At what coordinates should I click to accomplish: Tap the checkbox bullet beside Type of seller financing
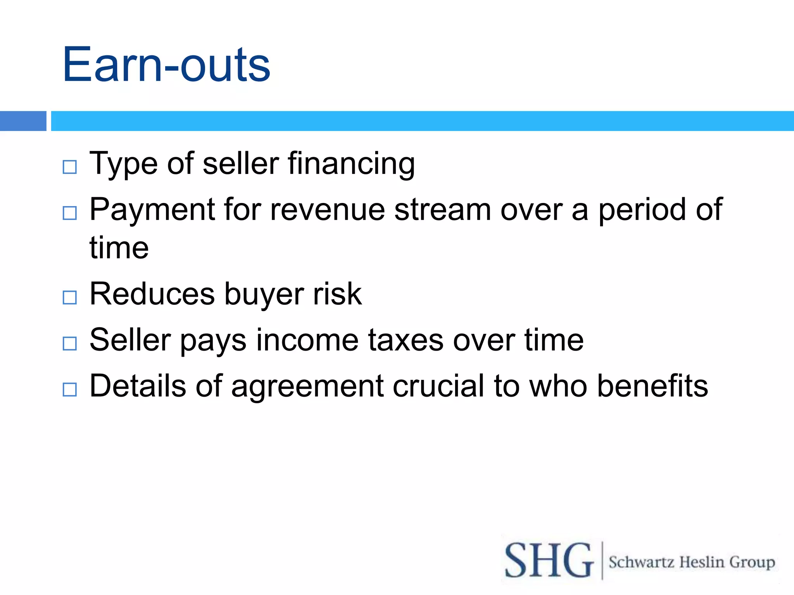[70, 167]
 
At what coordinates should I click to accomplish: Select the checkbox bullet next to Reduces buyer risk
[70, 297]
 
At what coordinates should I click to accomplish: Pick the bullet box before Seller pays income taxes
[70, 343]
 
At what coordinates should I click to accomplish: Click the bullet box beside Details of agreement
[70, 389]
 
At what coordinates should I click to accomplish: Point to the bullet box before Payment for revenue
[70, 213]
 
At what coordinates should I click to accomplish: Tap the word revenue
[327, 210]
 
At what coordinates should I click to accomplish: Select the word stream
[442, 210]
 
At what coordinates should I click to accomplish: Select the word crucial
[438, 386]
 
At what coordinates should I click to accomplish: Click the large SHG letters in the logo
[549, 561]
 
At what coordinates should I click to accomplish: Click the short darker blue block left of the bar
[23, 121]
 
